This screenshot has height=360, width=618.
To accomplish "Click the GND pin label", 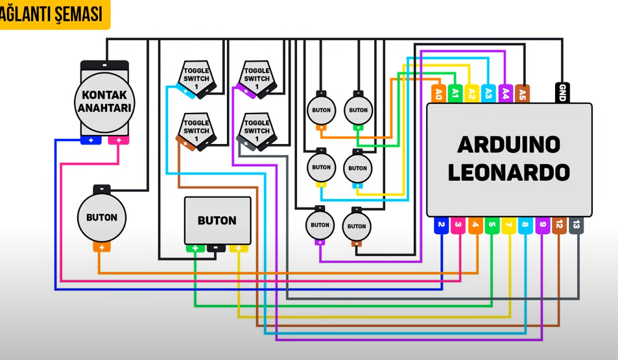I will point(562,93).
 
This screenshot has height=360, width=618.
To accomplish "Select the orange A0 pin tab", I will point(438,93).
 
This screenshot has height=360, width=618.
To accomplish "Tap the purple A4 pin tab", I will point(506,93).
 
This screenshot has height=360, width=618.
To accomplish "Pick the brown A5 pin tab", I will point(523,93).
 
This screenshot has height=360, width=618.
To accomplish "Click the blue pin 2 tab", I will point(441,225).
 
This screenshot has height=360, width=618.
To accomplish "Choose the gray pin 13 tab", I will point(576,225).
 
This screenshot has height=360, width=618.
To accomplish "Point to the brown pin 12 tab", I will point(559,225).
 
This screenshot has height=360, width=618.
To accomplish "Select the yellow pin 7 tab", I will point(508,225).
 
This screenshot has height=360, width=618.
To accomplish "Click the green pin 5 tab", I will point(492,225).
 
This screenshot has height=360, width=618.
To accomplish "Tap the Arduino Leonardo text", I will point(508,158).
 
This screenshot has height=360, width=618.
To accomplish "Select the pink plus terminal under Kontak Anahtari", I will point(119,140).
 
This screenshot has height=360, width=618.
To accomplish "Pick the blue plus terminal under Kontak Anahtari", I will point(91,140).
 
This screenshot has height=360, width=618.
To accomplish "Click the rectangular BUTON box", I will point(217,221).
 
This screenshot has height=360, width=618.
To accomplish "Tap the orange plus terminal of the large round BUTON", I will point(102,247).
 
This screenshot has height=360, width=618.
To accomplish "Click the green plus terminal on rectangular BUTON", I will point(195,248).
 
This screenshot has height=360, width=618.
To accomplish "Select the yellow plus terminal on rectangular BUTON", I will point(239,248).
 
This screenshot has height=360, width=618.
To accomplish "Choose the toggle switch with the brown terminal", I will point(196,130).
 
